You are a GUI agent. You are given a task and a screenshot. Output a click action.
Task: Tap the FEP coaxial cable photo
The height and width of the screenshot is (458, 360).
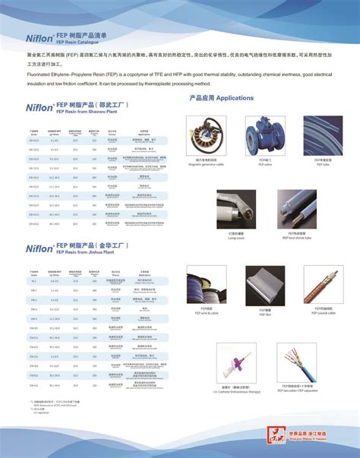pyautogui.click(x=323, y=284)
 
